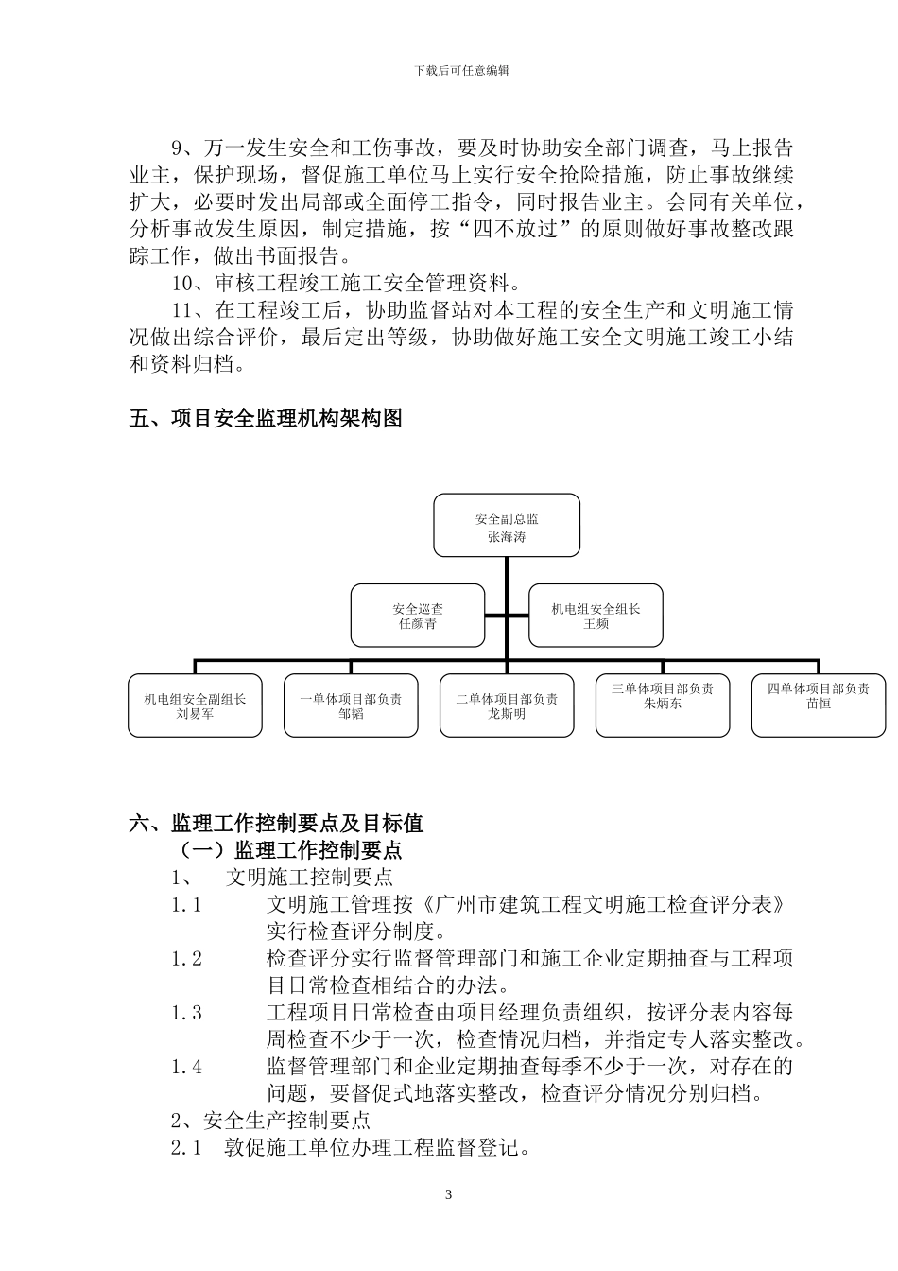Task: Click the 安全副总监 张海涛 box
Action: tap(507, 525)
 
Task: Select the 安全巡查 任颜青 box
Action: tap(418, 616)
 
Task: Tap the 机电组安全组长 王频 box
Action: tap(596, 616)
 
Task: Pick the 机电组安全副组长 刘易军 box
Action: tap(195, 705)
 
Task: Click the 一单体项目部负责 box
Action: tap(351, 705)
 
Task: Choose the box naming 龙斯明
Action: tap(507, 705)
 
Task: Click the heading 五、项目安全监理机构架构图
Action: tap(266, 418)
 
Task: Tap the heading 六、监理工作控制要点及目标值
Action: tap(276, 824)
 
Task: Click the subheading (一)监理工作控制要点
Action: tap(285, 850)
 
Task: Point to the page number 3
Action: tap(448, 1194)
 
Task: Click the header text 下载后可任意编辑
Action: tap(448, 71)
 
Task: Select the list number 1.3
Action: tap(186, 1013)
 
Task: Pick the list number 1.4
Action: tap(186, 1067)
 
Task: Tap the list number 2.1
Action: tap(186, 1148)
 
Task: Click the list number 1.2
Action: tap(186, 959)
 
